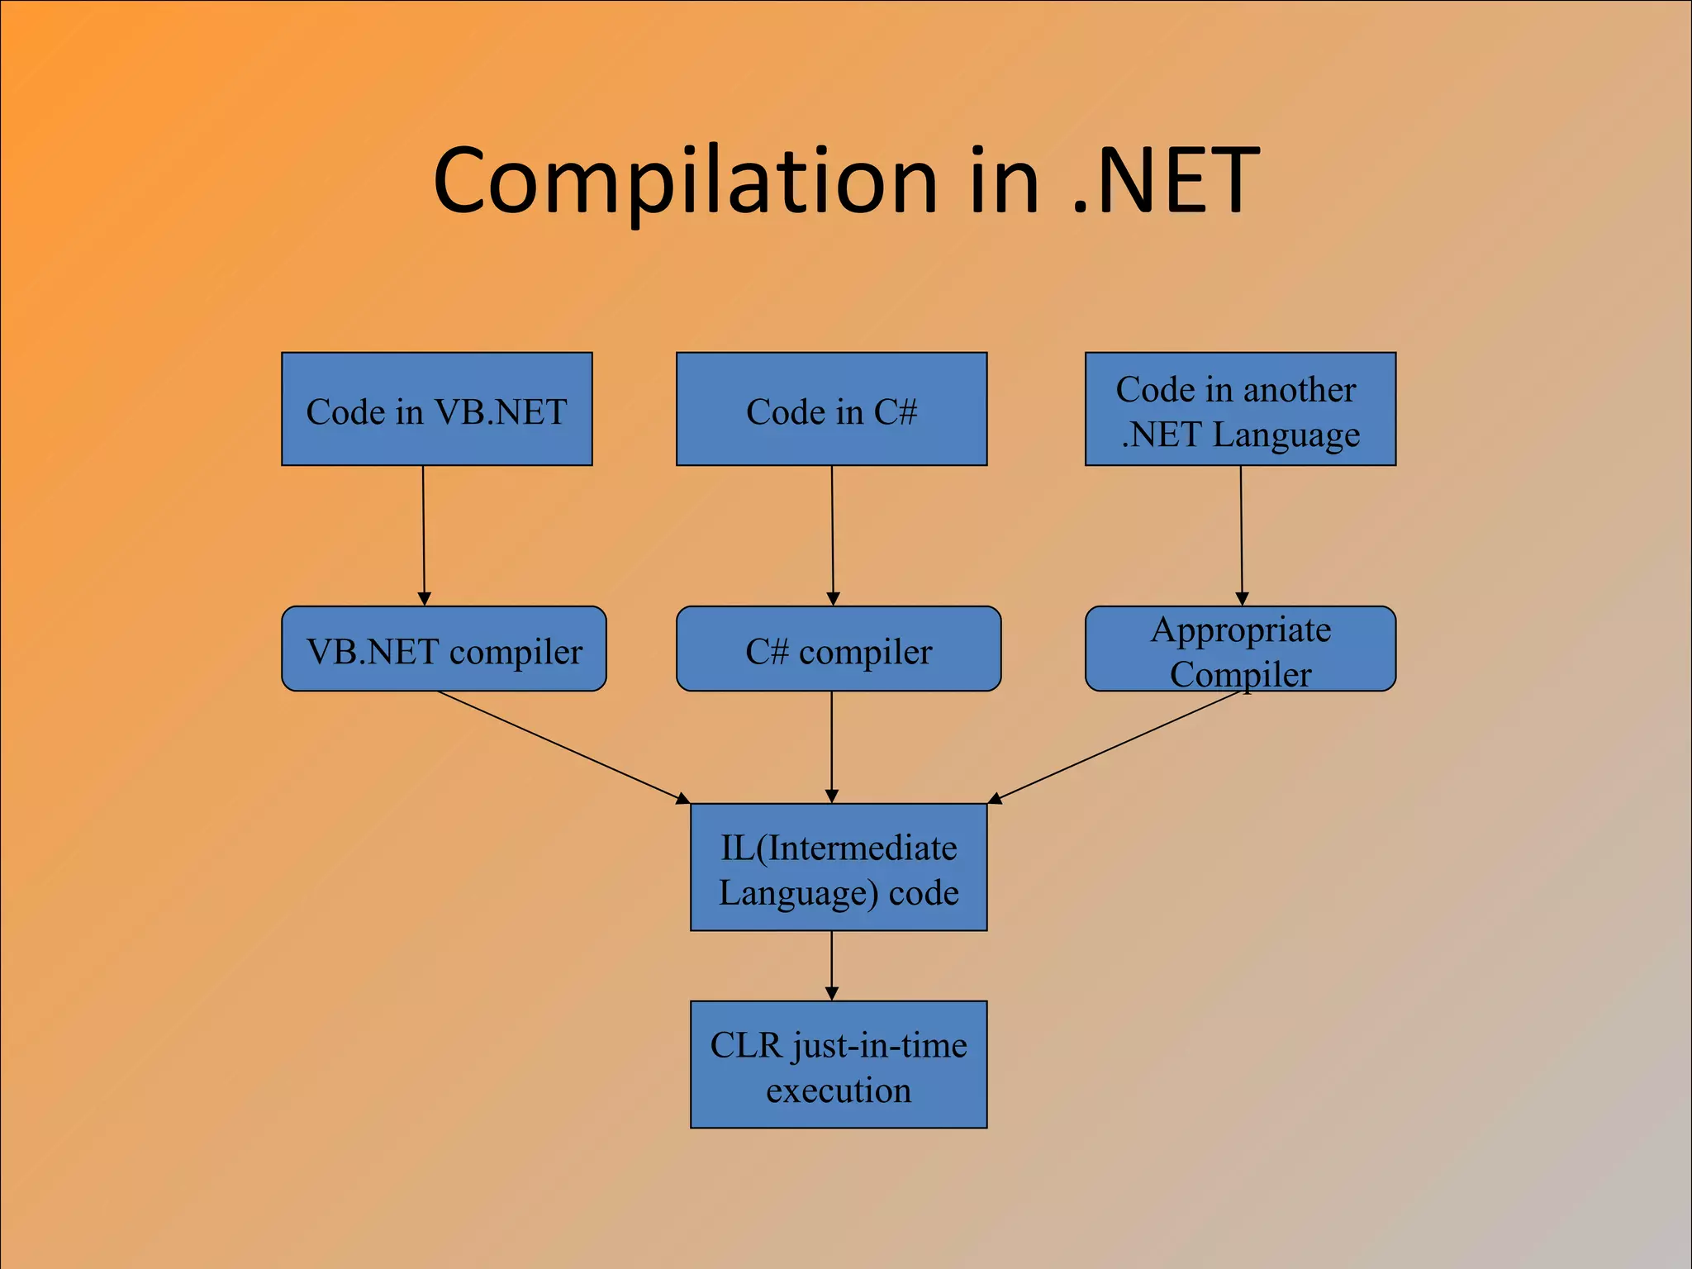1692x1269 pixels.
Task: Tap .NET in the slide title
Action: (x=1165, y=182)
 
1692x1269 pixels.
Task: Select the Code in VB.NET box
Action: (x=436, y=410)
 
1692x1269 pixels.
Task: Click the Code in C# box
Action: (x=831, y=410)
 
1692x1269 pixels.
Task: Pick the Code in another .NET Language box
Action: (x=1240, y=410)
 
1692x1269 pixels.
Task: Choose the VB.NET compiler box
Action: (x=444, y=649)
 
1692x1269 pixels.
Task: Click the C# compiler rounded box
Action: (x=838, y=649)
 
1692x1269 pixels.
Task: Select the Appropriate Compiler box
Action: (x=1240, y=649)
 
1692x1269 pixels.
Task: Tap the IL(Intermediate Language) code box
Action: (x=838, y=867)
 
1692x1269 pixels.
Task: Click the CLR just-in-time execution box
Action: (x=838, y=1065)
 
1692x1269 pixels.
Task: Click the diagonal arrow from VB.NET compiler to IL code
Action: (x=562, y=746)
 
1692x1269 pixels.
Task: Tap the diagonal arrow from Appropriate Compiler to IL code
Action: (x=1115, y=746)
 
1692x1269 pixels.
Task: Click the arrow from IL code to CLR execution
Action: (x=831, y=965)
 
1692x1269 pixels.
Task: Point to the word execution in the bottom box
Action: (x=838, y=1091)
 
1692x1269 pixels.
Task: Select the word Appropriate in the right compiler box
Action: (x=1240, y=630)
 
